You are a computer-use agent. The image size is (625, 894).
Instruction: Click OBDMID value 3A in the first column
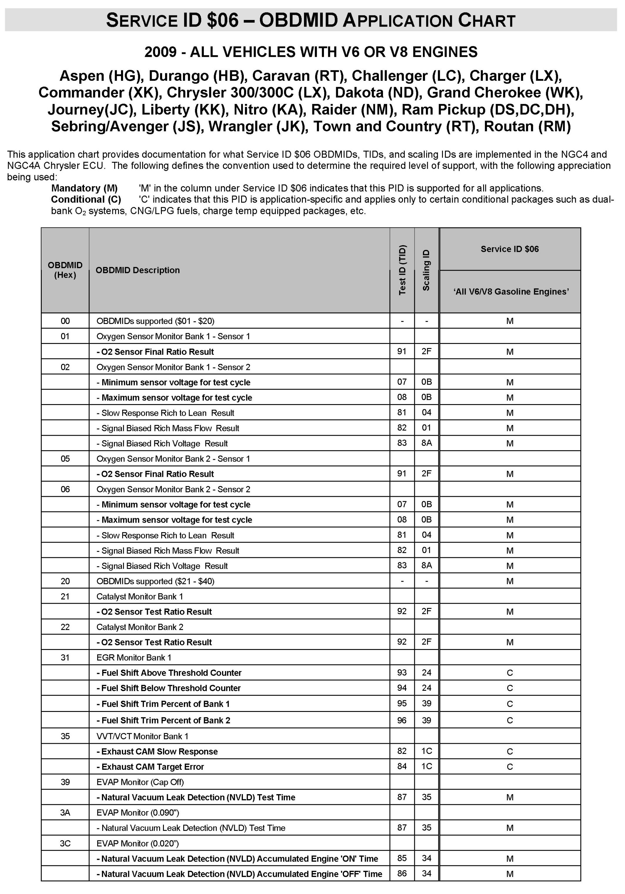pyautogui.click(x=65, y=813)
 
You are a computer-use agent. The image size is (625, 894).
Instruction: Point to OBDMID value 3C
pyautogui.click(x=65, y=843)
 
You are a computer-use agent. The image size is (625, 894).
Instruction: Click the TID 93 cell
pyautogui.click(x=402, y=673)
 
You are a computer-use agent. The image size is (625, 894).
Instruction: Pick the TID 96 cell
pyautogui.click(x=402, y=720)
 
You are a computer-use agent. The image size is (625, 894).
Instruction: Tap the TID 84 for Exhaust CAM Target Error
pyautogui.click(x=402, y=766)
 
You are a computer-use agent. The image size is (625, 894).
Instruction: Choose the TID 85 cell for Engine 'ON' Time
pyautogui.click(x=402, y=858)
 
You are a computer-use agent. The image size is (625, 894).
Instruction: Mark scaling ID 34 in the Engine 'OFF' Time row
pyautogui.click(x=427, y=873)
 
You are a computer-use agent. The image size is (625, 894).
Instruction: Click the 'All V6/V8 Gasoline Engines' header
pyautogui.click(x=511, y=292)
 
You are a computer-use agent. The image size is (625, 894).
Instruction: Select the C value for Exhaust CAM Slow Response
pyautogui.click(x=510, y=752)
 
